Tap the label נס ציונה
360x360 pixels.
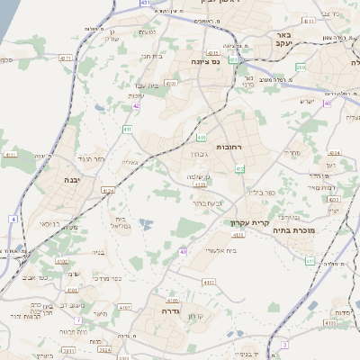click(209, 61)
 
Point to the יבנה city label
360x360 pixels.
click(71, 180)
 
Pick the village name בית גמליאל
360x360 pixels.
click(124, 224)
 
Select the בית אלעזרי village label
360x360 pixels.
click(220, 251)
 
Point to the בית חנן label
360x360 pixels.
click(150, 56)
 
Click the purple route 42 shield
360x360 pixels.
click(136, 106)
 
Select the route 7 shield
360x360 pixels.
click(80, 319)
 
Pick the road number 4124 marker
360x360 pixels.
click(109, 191)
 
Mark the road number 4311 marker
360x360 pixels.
click(145, 4)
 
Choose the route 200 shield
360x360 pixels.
click(301, 67)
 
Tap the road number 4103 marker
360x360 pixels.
click(208, 283)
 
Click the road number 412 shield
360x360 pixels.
click(238, 168)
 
